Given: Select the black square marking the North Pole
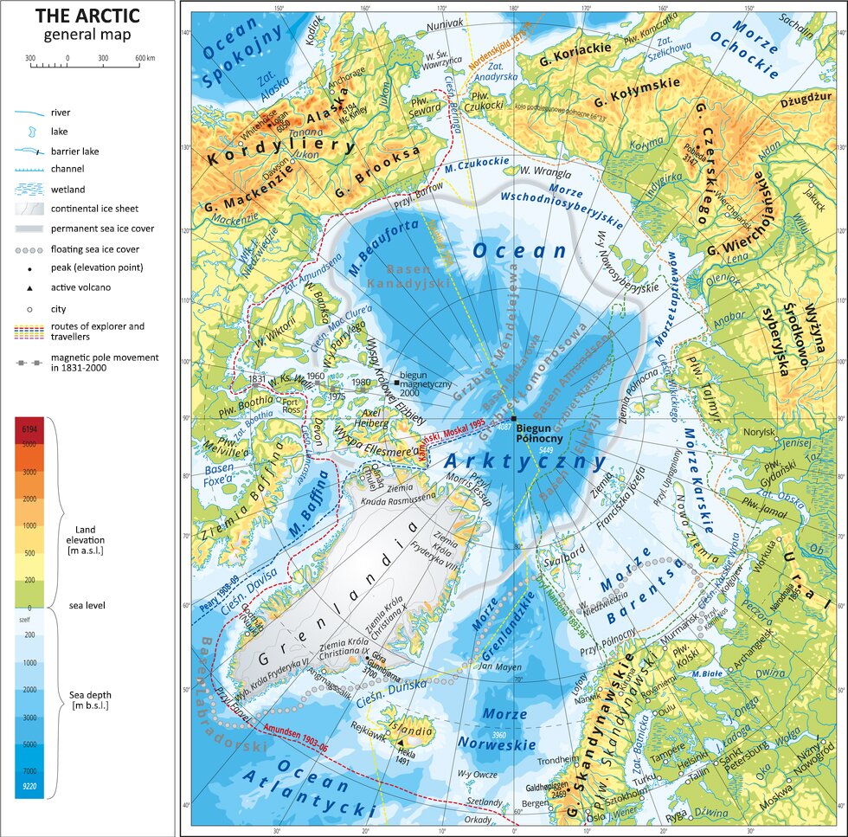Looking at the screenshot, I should (x=514, y=420).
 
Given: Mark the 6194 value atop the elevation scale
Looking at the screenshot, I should (x=29, y=429).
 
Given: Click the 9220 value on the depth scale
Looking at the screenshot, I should (x=29, y=786).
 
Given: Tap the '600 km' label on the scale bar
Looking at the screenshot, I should (x=143, y=58).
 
